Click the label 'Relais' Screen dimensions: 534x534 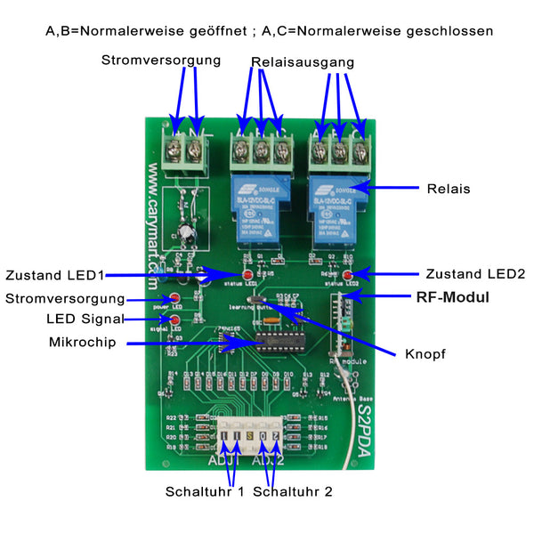[x=449, y=189]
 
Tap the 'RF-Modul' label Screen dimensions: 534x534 [x=453, y=297]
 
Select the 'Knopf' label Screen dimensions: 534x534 [x=425, y=353]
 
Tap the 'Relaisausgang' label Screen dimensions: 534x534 [x=303, y=63]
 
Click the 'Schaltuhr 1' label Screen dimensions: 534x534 [x=204, y=491]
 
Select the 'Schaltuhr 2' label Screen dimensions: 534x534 [x=293, y=491]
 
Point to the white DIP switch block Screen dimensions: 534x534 [x=253, y=435]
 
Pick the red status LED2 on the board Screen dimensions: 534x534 [x=349, y=274]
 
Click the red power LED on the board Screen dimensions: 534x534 [x=175, y=298]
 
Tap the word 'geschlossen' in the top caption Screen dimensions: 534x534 [x=449, y=30]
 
